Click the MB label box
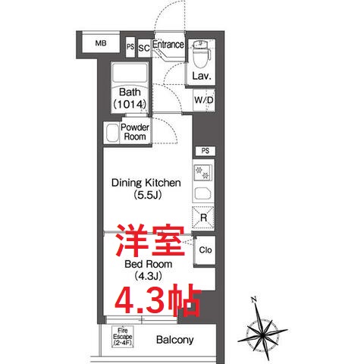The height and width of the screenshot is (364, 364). [x=101, y=44]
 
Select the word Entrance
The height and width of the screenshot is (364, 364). [x=168, y=45]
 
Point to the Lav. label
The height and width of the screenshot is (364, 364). [x=200, y=77]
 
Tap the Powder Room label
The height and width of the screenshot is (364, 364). [x=135, y=132]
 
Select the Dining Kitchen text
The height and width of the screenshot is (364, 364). [x=145, y=183]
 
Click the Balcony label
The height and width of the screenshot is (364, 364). [x=175, y=340]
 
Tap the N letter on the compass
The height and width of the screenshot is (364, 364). [x=256, y=299]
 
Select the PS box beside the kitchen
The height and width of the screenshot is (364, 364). [x=202, y=151]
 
